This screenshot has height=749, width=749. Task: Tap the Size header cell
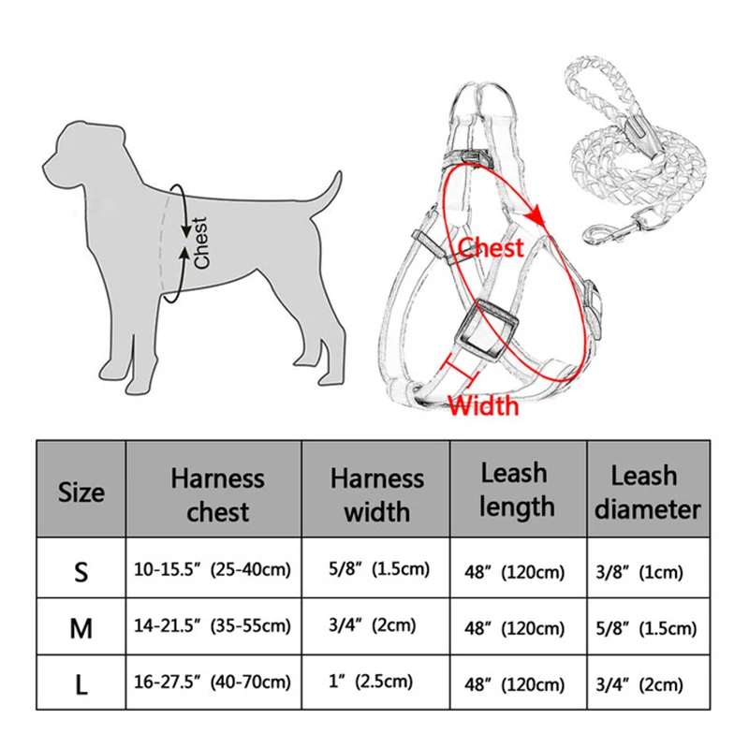81,492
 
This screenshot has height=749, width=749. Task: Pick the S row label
81,572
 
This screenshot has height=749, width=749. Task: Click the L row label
81,684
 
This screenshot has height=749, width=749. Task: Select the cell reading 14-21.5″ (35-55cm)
215,626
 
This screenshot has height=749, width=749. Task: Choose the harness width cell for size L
376,684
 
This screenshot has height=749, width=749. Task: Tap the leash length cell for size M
518,627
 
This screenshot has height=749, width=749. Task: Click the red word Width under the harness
482,404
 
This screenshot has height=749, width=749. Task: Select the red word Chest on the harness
491,248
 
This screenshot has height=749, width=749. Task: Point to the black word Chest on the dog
200,242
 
